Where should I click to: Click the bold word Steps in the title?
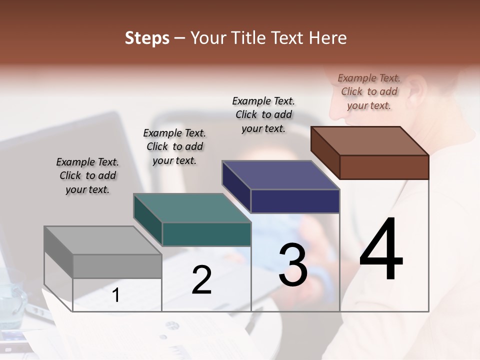[x=147, y=38]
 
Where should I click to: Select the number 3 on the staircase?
[x=293, y=265]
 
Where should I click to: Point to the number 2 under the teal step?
[x=201, y=280]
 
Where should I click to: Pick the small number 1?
[x=115, y=295]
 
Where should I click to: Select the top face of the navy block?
[x=280, y=175]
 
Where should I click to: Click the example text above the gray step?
[x=87, y=175]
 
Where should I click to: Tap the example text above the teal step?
[x=174, y=146]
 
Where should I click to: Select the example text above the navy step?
[x=263, y=114]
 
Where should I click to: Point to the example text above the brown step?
[x=369, y=91]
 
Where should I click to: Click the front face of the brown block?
[x=384, y=167]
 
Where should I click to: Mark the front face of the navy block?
[x=295, y=201]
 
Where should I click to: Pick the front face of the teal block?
[x=206, y=234]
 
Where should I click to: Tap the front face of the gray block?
[x=117, y=266]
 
